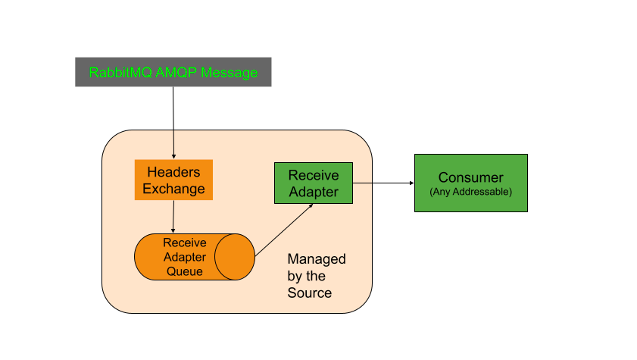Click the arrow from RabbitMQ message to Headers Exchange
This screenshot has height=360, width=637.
(173, 121)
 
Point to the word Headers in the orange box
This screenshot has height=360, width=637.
(173, 172)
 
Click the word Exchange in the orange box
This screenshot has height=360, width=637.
(173, 189)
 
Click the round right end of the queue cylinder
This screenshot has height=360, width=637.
(234, 257)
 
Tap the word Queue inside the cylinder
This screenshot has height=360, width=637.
(184, 271)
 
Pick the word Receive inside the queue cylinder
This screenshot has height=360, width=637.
(184, 243)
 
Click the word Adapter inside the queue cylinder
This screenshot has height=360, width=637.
(184, 257)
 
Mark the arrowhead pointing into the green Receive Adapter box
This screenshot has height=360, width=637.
(310, 206)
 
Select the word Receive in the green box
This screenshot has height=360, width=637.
(314, 175)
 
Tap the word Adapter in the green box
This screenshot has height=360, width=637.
(314, 192)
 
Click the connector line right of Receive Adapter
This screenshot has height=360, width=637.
(363, 183)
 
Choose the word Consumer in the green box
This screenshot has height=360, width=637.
(470, 178)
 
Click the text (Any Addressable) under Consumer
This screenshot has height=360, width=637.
(470, 193)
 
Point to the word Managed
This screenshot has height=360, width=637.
(317, 259)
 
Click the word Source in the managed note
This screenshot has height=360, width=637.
(309, 293)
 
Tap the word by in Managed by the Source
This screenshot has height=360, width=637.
(295, 276)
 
